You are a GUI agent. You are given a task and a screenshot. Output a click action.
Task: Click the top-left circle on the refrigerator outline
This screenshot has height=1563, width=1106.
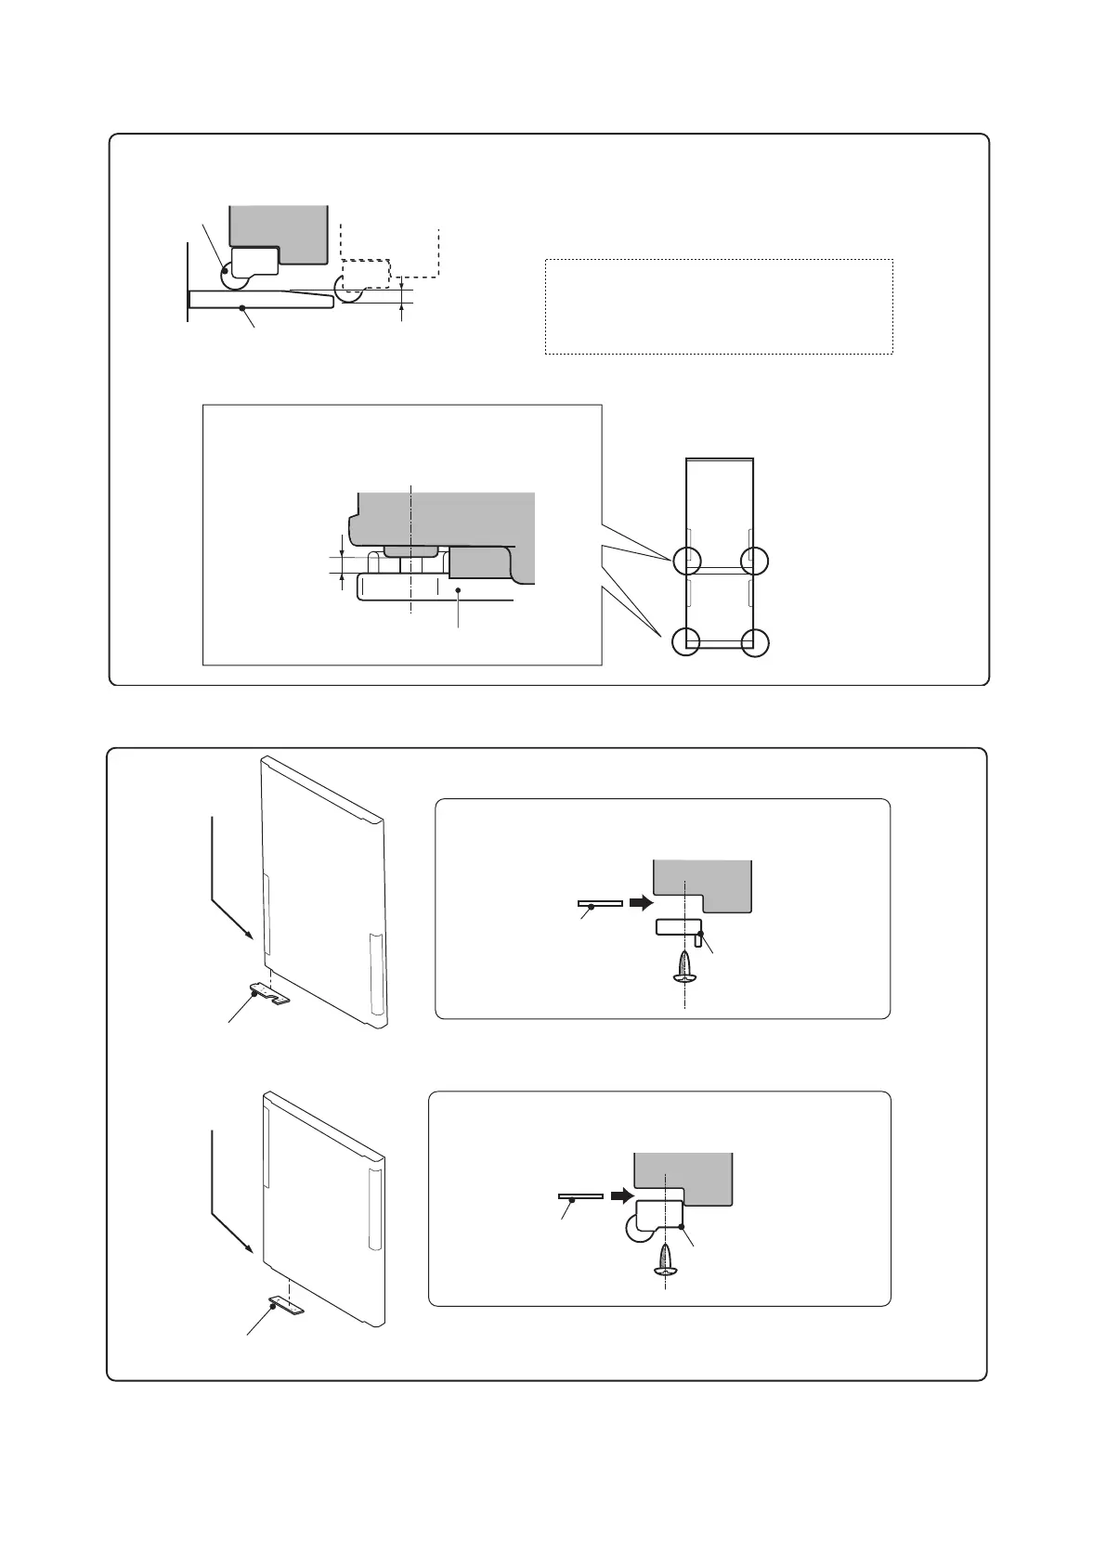coord(686,560)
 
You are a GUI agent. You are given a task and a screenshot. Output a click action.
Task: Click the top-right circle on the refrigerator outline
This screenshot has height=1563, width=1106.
coord(755,560)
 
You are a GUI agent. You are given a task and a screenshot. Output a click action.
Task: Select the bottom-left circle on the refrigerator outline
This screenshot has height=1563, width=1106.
coord(686,641)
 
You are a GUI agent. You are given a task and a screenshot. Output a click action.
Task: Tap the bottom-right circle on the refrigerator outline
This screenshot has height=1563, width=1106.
coord(755,641)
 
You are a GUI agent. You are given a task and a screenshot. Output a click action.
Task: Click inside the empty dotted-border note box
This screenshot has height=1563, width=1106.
coord(718,306)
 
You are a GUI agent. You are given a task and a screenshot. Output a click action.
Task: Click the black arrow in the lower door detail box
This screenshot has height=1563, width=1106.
coord(620,1195)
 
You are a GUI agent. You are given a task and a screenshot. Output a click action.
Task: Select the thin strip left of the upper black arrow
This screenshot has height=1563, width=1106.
coord(598,903)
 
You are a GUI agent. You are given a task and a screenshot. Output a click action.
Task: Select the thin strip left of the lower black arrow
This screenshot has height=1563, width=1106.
coord(579,1196)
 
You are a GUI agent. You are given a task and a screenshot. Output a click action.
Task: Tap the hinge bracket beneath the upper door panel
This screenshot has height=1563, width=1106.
coord(268,996)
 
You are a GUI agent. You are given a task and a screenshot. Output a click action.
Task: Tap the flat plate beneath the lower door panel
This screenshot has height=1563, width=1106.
coord(285,1306)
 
